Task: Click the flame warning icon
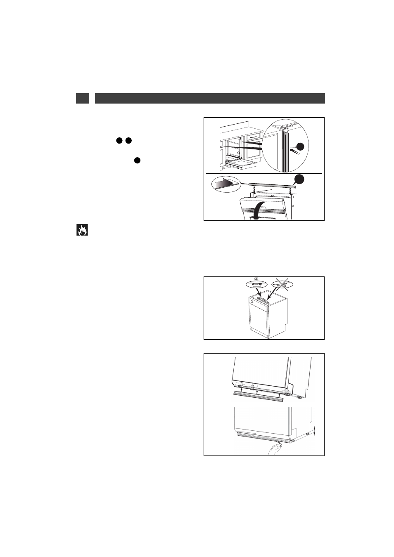click(x=82, y=230)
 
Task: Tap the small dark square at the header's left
click(x=82, y=98)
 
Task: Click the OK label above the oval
click(x=256, y=279)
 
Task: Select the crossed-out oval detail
click(x=282, y=284)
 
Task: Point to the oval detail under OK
click(x=256, y=284)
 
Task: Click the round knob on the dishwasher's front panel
click(x=252, y=302)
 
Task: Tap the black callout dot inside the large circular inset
click(x=300, y=147)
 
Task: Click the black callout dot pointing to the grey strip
click(x=299, y=179)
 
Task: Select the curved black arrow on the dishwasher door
click(x=260, y=210)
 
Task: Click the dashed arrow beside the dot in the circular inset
click(x=294, y=151)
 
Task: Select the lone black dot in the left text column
click(x=137, y=160)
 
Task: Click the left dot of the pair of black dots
click(x=119, y=141)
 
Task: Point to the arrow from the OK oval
click(x=259, y=293)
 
